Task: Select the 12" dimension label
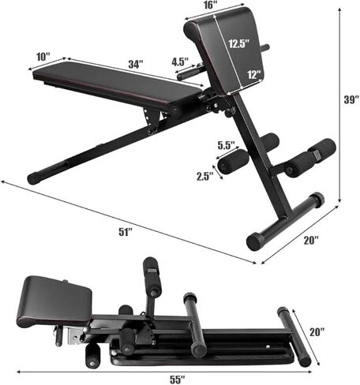tap(253, 74)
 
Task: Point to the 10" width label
tap(43, 58)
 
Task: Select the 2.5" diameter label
tap(204, 177)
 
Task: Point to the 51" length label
tap(124, 231)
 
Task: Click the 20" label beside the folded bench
tap(316, 332)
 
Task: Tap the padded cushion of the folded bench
tap(53, 299)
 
